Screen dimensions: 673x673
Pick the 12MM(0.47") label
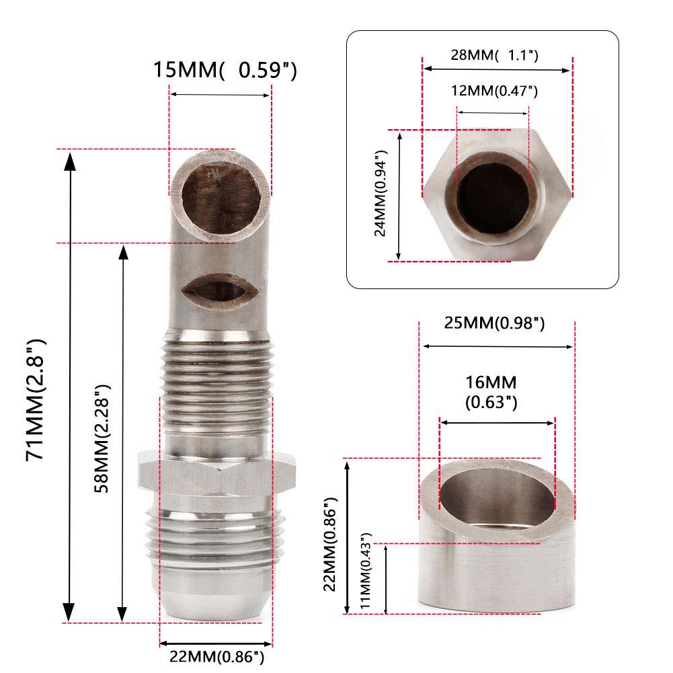[x=494, y=90]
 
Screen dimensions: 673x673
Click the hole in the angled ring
[x=496, y=496]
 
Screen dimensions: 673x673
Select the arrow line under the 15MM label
[x=221, y=95]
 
